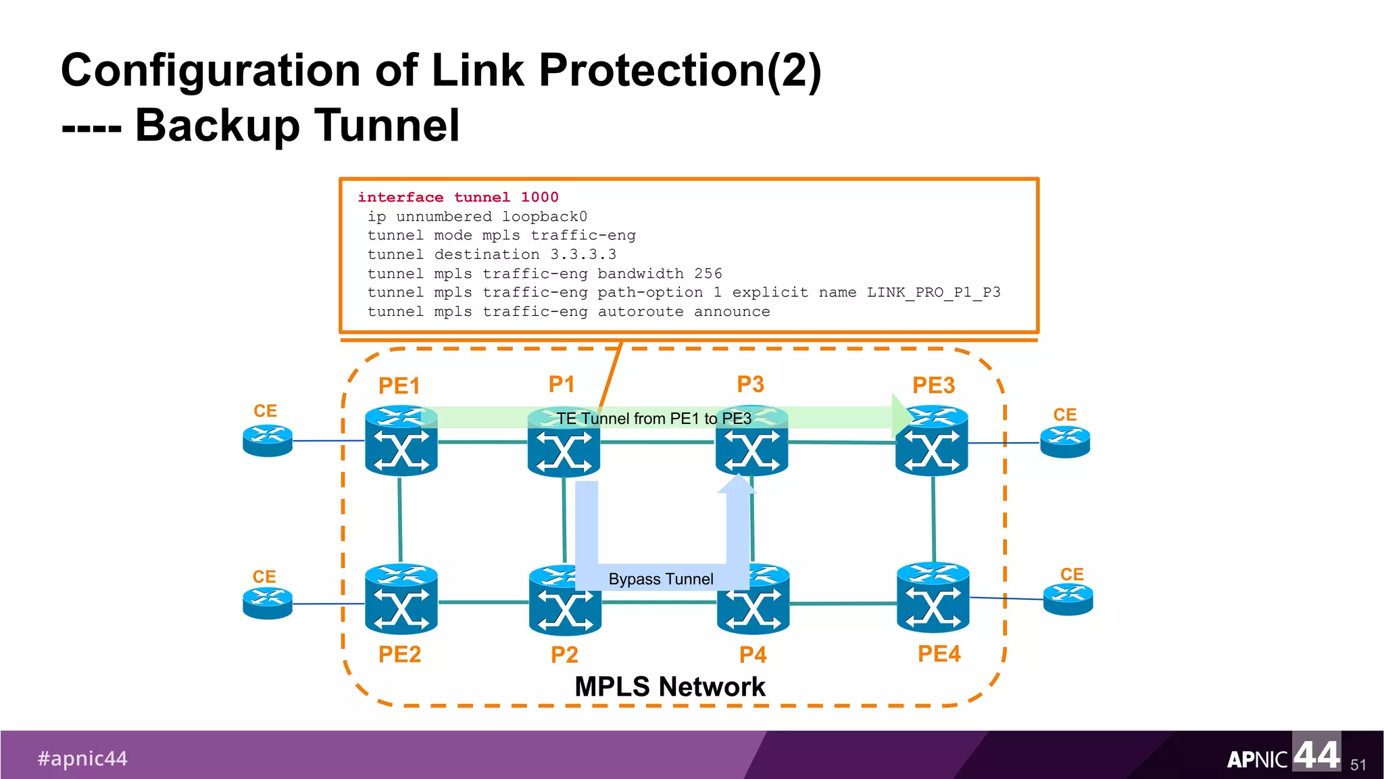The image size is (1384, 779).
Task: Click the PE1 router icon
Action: tap(401, 441)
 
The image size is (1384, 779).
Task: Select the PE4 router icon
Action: tap(933, 598)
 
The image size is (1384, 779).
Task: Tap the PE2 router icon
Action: tap(401, 600)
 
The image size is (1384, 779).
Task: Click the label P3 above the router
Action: tap(750, 384)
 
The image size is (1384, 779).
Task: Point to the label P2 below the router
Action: tap(564, 655)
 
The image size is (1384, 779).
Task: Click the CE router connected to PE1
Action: tap(268, 440)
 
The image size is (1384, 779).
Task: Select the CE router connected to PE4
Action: tap(1068, 599)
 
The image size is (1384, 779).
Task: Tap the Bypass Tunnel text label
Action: tap(660, 579)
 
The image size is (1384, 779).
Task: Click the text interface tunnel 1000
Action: tap(458, 197)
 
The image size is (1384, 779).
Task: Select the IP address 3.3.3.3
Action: tap(583, 255)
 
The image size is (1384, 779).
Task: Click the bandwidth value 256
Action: tap(708, 274)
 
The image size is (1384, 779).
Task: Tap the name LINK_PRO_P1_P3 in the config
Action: tap(933, 293)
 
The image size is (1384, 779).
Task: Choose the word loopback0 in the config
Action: tap(545, 217)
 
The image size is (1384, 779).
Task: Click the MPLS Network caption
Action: tap(670, 687)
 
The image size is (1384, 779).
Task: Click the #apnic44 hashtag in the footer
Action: tap(82, 759)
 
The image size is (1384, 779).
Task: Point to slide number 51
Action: tap(1358, 765)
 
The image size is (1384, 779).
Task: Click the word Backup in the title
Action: tap(217, 126)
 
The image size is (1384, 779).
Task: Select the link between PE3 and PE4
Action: tap(933, 519)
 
